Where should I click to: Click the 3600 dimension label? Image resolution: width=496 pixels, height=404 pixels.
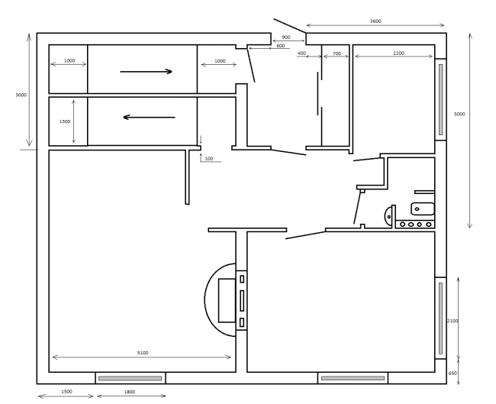point(375,21)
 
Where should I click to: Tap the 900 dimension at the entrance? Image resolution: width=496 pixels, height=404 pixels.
point(285,37)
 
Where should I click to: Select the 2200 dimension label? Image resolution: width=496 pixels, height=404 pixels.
point(398,53)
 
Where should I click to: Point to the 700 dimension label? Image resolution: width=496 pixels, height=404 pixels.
point(337,53)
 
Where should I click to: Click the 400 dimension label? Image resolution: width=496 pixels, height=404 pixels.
point(301,53)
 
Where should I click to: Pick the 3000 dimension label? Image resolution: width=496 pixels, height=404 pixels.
point(21,95)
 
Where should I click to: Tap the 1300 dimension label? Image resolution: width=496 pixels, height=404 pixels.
point(65,121)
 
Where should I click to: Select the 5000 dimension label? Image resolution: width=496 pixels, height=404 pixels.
point(459,115)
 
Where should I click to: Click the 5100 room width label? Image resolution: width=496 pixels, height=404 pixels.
point(143,353)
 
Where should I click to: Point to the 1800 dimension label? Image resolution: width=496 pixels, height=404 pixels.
point(130,392)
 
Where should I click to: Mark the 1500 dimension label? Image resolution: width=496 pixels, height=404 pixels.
point(66,392)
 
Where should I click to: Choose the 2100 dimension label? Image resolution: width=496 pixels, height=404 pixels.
point(453,321)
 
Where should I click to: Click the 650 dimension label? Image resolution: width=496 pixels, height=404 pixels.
point(453,373)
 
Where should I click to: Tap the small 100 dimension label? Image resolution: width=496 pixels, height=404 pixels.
point(209,159)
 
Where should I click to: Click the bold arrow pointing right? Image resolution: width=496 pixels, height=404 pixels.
point(147,72)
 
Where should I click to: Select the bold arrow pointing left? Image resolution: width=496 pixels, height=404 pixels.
point(149,117)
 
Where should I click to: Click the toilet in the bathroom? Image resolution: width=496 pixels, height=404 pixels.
point(423,209)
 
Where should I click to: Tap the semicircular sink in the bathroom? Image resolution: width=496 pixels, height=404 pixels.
point(388,217)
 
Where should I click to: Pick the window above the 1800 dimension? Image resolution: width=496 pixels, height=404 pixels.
point(130,378)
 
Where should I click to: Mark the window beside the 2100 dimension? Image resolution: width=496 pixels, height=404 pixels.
point(440,318)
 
